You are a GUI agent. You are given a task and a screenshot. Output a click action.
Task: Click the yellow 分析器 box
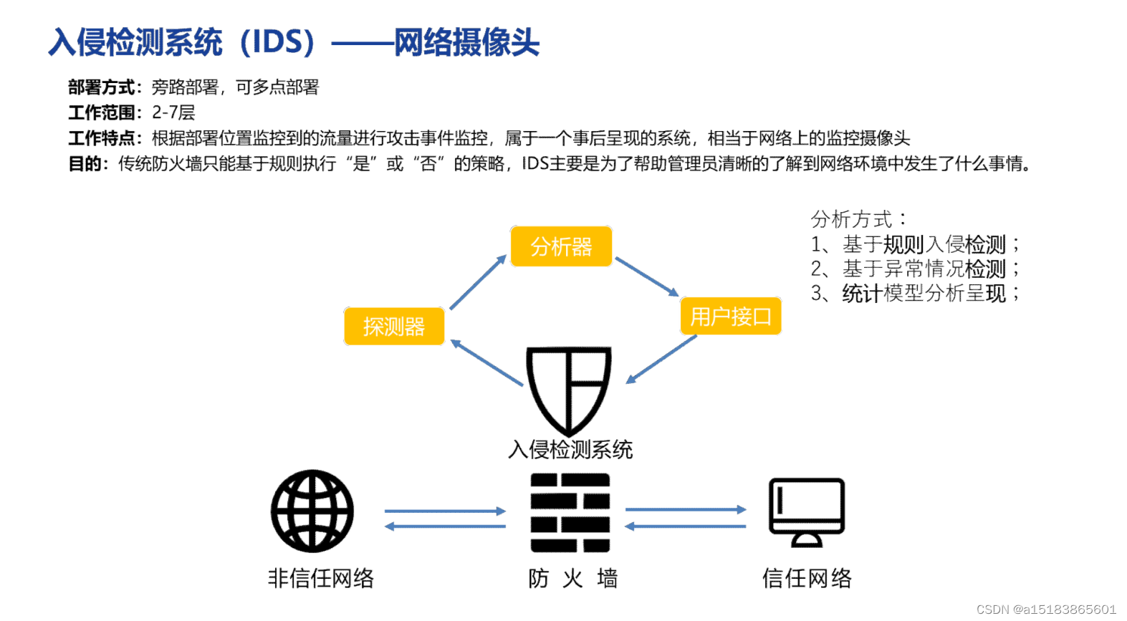pos(561,246)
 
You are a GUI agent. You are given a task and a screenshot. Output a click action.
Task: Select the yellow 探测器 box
pos(394,327)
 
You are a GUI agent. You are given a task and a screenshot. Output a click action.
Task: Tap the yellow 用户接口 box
pos(730,316)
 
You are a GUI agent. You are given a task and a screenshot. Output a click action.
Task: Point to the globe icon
pos(312,511)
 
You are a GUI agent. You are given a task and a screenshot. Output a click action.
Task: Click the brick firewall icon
pos(570,512)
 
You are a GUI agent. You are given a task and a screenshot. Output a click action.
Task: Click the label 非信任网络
pos(320,578)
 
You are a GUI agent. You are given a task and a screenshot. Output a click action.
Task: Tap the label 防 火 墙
pos(572,578)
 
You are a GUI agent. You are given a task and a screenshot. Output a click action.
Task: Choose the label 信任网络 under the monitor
pos(807,578)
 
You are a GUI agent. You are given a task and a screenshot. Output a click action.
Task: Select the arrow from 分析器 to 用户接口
pos(646,276)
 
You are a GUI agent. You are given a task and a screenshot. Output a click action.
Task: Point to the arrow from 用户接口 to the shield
pos(661,360)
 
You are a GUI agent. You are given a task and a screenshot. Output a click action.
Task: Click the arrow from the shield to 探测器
pos(486,363)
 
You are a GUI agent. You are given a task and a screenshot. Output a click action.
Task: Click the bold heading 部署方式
pos(104,87)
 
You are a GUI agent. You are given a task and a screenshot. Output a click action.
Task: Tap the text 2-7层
pos(173,112)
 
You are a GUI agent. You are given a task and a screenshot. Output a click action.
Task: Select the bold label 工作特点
pos(104,138)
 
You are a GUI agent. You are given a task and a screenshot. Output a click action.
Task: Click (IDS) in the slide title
pos(277,42)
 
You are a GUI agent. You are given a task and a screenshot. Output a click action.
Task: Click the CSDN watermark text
pos(1046,609)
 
